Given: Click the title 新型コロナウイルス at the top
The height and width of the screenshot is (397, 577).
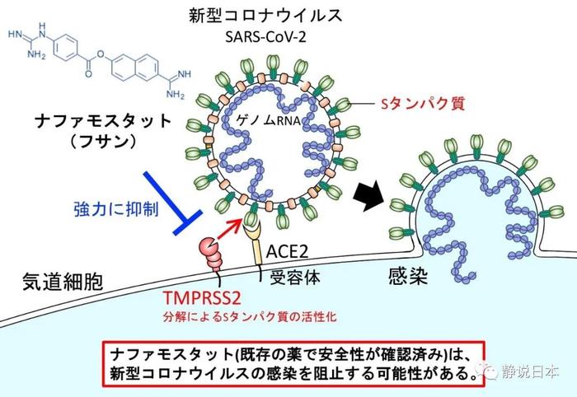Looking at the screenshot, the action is [265, 16].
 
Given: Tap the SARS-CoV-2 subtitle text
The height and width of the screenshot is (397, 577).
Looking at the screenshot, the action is [265, 37].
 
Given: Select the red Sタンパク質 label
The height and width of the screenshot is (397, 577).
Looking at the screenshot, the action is [423, 104].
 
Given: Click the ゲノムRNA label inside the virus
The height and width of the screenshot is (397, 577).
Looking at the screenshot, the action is [269, 120].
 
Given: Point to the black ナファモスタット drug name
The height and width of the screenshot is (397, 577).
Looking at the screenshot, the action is [103, 121].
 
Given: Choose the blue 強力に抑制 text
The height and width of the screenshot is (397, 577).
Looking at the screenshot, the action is [116, 209].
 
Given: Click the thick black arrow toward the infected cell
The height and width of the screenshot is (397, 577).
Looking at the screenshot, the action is [368, 196].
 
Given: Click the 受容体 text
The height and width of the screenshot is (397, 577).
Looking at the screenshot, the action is [295, 278].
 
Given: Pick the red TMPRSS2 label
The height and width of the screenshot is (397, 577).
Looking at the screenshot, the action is [202, 298].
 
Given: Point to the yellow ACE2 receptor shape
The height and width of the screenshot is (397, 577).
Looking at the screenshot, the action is [255, 243].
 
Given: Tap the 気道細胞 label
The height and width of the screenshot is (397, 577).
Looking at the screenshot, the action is [63, 283].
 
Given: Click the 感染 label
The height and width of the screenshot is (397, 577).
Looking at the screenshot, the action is [408, 276].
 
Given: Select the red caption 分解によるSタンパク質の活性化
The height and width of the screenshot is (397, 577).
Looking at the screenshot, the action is [250, 317].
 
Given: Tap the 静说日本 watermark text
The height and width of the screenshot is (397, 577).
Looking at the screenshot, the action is [530, 371].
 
